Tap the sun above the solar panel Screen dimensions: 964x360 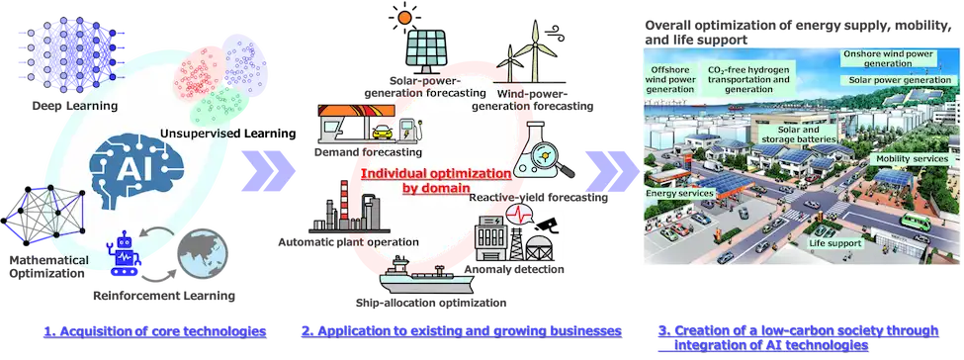click(404, 17)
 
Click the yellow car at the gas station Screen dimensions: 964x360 click(382, 131)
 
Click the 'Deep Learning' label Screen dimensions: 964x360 click(75, 107)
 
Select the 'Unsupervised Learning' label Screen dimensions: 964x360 click(228, 133)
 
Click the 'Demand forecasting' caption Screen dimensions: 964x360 click(368, 151)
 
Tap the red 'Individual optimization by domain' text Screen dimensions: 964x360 click(436, 179)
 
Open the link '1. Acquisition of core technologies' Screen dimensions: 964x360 click(155, 331)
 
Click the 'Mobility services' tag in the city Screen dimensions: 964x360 click(913, 159)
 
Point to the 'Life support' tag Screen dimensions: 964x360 click(834, 243)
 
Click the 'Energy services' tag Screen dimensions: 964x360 click(678, 193)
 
